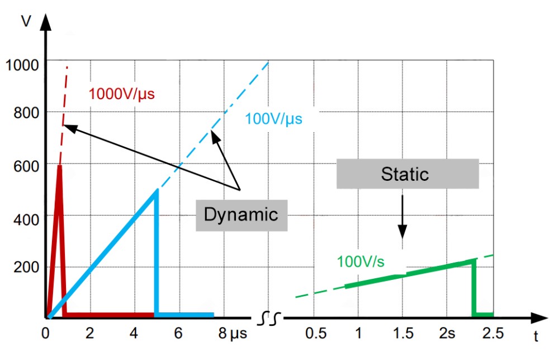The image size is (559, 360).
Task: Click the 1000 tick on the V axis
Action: [23, 65]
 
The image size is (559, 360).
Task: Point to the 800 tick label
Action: [27, 114]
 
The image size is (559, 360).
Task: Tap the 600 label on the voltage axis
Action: [27, 166]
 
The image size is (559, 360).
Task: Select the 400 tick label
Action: [27, 217]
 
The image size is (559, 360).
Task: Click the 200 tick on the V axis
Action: [27, 267]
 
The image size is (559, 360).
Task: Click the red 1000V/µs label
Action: [121, 93]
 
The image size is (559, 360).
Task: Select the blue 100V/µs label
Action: [273, 119]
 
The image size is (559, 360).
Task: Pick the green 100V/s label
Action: [361, 261]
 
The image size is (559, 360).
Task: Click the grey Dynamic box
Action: [241, 215]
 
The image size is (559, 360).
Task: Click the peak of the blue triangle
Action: [157, 190]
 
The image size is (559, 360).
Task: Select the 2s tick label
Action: [447, 334]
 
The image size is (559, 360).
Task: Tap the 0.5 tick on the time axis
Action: [316, 334]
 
